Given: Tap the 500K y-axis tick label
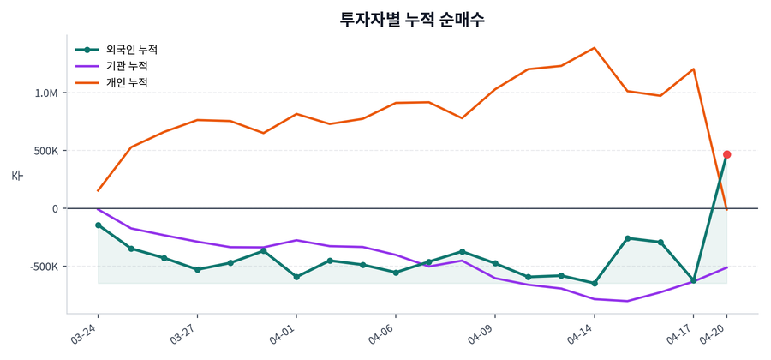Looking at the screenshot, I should (42, 151).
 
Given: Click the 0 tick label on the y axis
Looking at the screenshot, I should (55, 208).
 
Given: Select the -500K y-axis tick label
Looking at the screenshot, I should (40, 267).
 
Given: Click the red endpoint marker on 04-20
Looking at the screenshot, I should (726, 154).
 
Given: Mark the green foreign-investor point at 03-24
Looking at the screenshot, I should (98, 225).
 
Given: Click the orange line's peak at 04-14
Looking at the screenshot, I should (595, 48).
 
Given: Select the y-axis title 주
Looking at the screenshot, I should (16, 175).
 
